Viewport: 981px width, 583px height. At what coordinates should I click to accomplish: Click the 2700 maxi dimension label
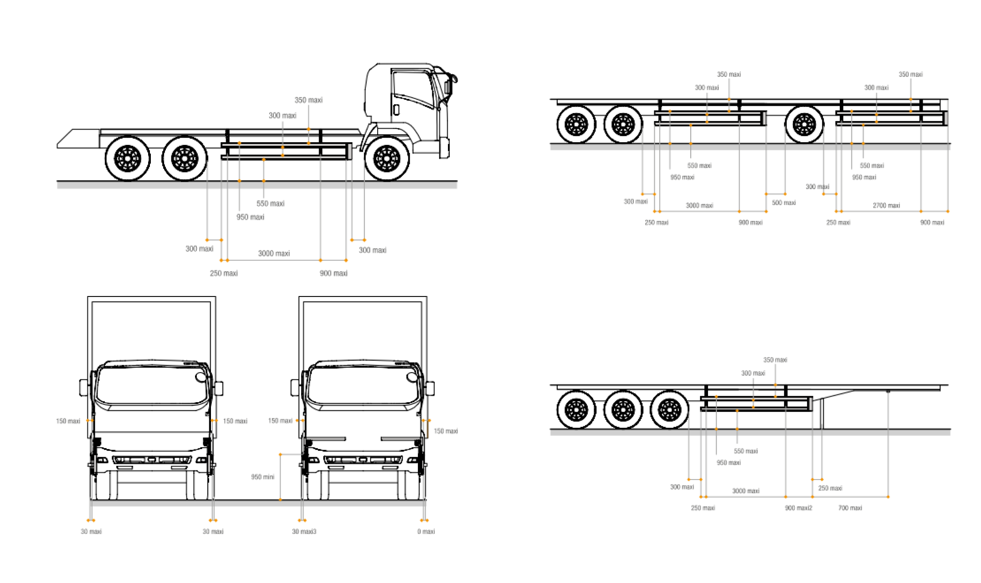point(886,205)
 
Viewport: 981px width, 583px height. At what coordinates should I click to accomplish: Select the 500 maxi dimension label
point(783,203)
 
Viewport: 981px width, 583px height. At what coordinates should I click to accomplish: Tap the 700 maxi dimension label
point(850,508)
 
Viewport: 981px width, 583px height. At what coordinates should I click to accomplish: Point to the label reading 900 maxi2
point(798,508)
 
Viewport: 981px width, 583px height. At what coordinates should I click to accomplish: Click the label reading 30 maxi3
point(304,532)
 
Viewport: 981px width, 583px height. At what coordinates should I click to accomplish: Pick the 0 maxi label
point(426,532)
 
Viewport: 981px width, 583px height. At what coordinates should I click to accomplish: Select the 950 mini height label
point(262,477)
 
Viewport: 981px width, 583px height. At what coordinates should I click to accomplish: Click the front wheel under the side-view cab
point(386,159)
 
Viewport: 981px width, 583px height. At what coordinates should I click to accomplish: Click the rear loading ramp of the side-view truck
point(77,138)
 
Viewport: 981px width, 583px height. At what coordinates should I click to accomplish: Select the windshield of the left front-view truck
point(152,385)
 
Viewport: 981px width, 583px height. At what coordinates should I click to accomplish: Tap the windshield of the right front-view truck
point(363,385)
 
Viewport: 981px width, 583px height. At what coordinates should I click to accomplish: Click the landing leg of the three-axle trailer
point(822,414)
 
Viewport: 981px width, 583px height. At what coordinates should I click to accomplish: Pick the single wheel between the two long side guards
point(804,124)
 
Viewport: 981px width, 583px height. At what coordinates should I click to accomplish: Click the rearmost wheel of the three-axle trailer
point(576,409)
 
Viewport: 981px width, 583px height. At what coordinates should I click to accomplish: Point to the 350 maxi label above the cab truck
point(308,100)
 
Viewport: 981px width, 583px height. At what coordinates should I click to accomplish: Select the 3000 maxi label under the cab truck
point(274,253)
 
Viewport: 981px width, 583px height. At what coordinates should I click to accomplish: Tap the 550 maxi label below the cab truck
point(270,204)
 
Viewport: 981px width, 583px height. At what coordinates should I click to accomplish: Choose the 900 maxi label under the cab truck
point(334,273)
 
